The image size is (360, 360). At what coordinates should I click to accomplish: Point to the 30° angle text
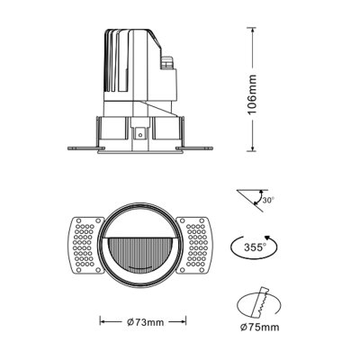[x=267, y=201]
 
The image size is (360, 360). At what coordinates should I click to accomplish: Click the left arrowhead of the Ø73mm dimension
[x=101, y=320]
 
